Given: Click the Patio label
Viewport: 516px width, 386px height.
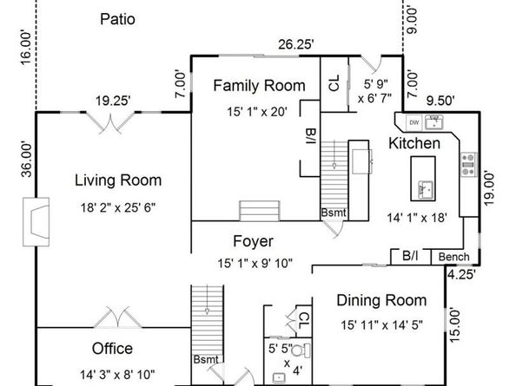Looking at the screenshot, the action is coord(117,19).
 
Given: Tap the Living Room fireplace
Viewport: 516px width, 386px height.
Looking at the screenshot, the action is coord(36,222).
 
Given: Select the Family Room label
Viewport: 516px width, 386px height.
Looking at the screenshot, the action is coord(260,85).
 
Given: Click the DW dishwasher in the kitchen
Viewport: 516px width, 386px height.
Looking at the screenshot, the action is coord(414,122).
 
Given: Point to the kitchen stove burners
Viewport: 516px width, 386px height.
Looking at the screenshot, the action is coord(468,165).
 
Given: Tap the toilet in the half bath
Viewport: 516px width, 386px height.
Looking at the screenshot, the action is coord(301,350).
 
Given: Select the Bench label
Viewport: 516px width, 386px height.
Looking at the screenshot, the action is coord(454,257).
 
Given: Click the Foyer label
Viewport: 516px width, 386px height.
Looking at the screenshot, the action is coord(253,241).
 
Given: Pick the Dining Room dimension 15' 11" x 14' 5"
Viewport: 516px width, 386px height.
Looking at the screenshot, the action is coord(381,325).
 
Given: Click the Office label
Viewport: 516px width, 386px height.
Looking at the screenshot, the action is coord(112,349).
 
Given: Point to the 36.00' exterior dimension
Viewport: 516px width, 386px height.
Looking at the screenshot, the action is coord(27,160).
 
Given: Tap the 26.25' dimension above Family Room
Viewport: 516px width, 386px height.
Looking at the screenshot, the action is coord(296,44).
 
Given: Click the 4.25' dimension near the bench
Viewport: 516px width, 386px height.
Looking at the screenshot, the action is coord(461,274).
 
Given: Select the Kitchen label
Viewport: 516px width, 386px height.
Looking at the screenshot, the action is coord(414,144).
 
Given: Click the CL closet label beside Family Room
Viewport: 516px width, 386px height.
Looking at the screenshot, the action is coord(334,83).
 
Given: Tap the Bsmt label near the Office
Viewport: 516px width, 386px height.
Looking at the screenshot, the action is coord(206,359).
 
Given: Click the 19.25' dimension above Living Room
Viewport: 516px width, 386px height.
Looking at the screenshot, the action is coord(113,101).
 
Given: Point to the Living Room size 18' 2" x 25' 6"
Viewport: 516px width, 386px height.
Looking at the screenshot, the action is coord(118,207).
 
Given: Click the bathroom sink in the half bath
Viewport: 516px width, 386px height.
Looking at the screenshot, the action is coord(279,378).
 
